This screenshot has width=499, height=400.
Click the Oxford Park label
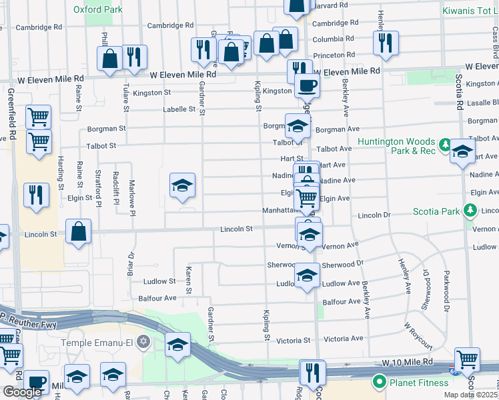click(98, 10)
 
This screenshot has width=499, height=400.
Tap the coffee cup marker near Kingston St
click(307, 87)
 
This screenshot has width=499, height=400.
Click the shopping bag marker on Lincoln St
click(79, 233)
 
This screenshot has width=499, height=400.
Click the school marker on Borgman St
click(298, 125)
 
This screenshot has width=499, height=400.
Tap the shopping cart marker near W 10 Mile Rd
click(468, 360)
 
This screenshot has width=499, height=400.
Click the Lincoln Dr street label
click(374, 216)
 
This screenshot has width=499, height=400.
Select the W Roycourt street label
click(418, 336)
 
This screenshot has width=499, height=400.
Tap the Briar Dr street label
click(131, 264)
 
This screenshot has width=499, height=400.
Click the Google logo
click(22, 392)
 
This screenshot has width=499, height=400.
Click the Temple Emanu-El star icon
click(143, 343)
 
